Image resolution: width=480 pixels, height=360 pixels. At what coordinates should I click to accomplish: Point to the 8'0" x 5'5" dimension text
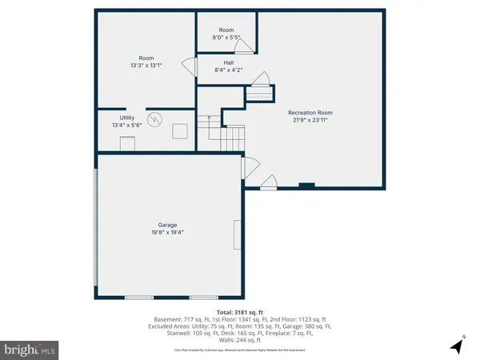point(226,37)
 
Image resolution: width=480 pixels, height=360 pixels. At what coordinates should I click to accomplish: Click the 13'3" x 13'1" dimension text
point(146,66)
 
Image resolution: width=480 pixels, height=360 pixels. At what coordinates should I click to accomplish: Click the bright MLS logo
point(30,350)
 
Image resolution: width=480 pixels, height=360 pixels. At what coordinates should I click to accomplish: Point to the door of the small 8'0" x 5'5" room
point(250,47)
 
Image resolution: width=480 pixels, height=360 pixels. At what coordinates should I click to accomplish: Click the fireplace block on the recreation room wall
point(306,186)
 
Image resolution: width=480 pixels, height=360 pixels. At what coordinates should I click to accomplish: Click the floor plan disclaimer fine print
point(240,350)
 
